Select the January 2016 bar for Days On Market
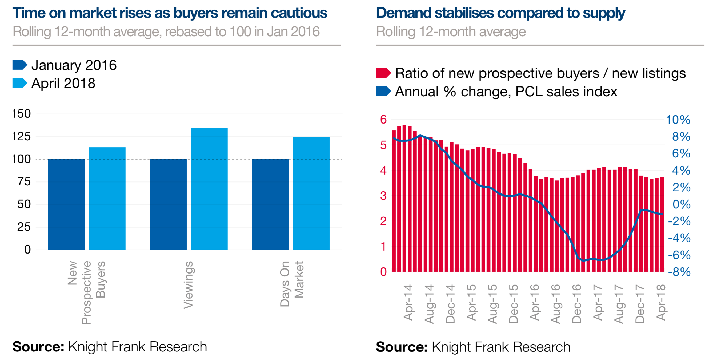[x=270, y=204]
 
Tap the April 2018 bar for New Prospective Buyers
[x=107, y=198]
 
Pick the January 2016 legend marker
[x=20, y=65]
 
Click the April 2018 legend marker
[x=20, y=83]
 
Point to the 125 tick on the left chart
[x=22, y=136]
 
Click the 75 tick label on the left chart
[x=24, y=182]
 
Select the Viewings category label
[x=189, y=285]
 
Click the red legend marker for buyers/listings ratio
[x=383, y=73]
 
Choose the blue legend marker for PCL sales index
[x=383, y=92]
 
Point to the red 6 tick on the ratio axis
[x=383, y=120]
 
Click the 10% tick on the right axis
[x=678, y=120]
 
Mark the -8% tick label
[x=679, y=272]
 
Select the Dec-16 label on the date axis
[x=577, y=304]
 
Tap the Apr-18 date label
[x=661, y=302]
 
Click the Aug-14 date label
[x=429, y=304]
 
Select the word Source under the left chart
[x=38, y=347]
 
